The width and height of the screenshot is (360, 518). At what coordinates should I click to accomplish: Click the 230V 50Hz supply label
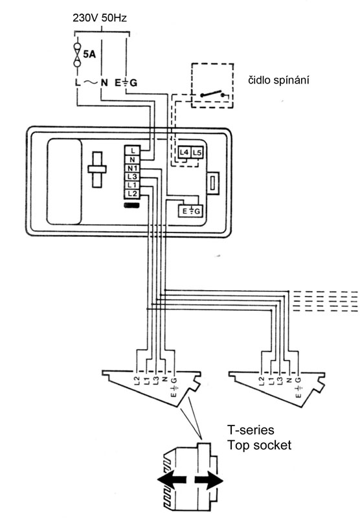(100, 17)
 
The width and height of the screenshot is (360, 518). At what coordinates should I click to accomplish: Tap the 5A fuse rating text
(89, 54)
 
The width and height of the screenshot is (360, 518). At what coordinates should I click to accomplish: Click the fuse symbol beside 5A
(78, 54)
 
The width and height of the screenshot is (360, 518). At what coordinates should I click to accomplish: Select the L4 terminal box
(184, 153)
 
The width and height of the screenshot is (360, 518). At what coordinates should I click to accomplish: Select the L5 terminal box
(197, 153)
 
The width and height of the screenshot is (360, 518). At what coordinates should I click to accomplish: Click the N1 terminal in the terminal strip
(133, 168)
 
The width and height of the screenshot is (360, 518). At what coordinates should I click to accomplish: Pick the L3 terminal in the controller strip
(133, 177)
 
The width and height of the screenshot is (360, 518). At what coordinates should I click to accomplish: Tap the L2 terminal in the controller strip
(133, 194)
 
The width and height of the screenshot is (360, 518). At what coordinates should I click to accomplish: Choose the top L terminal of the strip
(133, 151)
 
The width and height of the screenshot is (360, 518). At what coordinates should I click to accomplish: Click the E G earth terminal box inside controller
(190, 211)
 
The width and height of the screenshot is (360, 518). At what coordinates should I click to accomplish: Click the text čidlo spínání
(279, 80)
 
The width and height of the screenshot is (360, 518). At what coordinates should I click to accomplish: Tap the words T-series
(251, 430)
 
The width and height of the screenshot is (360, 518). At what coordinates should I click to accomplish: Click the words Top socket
(259, 445)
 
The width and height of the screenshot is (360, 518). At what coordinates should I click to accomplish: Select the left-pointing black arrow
(172, 480)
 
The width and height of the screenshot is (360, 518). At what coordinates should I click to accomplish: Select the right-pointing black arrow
(208, 480)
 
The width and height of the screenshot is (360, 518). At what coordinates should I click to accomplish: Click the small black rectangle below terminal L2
(132, 206)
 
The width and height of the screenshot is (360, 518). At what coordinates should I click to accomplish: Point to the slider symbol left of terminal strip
(96, 170)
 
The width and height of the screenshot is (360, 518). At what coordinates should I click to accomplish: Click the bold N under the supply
(104, 82)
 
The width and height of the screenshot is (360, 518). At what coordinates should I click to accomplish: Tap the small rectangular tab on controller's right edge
(213, 183)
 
